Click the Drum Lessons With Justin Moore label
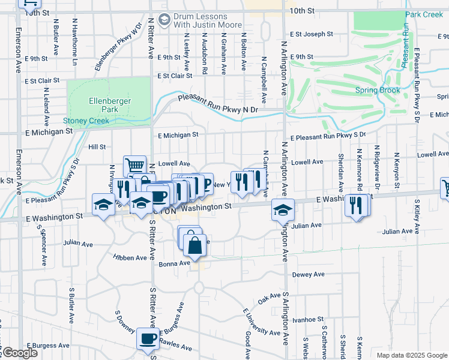pyautogui.click(x=208, y=21)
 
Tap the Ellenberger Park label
pyautogui.click(x=109, y=105)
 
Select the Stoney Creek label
pyautogui.click(x=86, y=121)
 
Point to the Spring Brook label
pyautogui.click(x=377, y=91)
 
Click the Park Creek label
pyautogui.click(x=424, y=14)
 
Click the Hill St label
pyautogui.click(x=97, y=146)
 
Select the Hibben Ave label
pyautogui.click(x=130, y=257)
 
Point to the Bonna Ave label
pyautogui.click(x=174, y=263)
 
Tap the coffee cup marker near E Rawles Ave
pyautogui.click(x=148, y=338)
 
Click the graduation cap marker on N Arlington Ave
pyautogui.click(x=282, y=209)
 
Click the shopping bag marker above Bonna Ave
pyautogui.click(x=194, y=244)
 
